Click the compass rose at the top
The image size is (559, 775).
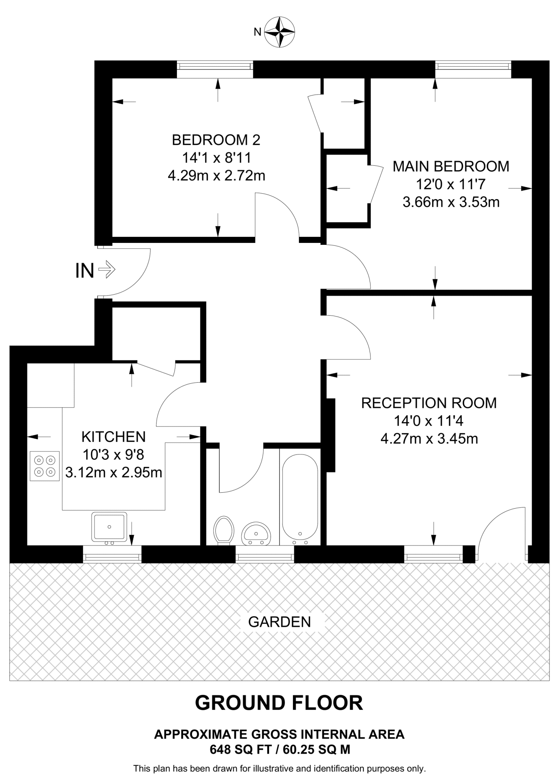coord(279,32)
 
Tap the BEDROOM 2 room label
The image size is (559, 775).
coord(216,140)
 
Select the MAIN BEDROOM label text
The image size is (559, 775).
coord(451,167)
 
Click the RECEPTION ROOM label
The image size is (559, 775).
coord(429,403)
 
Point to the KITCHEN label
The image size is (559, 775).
coord(113,437)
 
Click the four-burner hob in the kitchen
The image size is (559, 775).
coord(45,466)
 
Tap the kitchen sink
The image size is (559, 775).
coord(109,526)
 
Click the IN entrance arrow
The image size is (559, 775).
coord(107,270)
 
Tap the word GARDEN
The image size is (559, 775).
coord(280,622)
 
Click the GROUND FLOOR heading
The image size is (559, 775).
coord(279,703)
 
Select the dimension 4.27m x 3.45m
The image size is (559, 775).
coord(429,439)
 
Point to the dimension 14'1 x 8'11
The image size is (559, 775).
coord(216,157)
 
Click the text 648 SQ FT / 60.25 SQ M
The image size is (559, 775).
coord(279,749)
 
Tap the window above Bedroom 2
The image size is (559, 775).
coord(215,67)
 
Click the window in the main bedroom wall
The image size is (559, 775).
coord(473,67)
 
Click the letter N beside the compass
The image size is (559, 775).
coord(257,33)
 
